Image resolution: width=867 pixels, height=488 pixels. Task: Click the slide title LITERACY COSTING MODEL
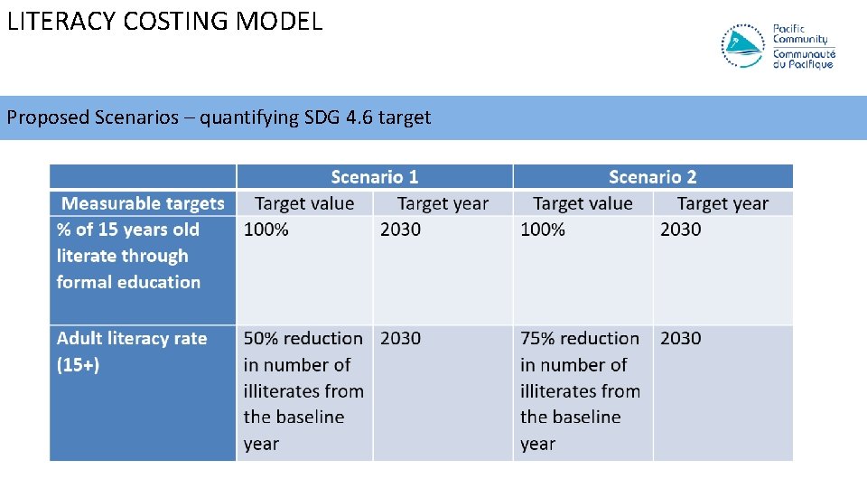pyautogui.click(x=164, y=21)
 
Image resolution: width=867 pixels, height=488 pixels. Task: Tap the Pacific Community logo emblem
pyautogui.click(x=743, y=45)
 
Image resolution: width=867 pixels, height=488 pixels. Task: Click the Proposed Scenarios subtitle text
pyautogui.click(x=219, y=117)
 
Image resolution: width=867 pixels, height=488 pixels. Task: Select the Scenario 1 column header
pyautogui.click(x=375, y=177)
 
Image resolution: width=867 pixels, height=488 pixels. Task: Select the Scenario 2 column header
pyautogui.click(x=652, y=177)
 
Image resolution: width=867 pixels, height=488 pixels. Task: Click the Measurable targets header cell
pyautogui.click(x=143, y=203)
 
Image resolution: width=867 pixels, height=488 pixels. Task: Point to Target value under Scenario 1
pyautogui.click(x=304, y=203)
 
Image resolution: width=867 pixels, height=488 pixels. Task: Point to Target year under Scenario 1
pyautogui.click(x=443, y=203)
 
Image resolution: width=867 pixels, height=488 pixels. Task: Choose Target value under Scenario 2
pyautogui.click(x=583, y=203)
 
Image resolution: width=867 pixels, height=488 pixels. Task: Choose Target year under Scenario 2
pyautogui.click(x=722, y=203)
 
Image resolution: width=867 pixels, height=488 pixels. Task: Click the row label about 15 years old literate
pyautogui.click(x=128, y=256)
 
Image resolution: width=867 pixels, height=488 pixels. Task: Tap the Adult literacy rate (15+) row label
pyautogui.click(x=132, y=351)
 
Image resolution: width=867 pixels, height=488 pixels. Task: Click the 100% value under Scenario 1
pyautogui.click(x=266, y=230)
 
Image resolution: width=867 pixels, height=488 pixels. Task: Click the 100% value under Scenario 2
pyautogui.click(x=543, y=230)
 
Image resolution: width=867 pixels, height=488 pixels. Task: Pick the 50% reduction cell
pyautogui.click(x=303, y=390)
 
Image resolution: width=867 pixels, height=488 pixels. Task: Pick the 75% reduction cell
pyautogui.click(x=580, y=390)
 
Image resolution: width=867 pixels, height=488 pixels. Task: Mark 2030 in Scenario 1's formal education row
pyautogui.click(x=400, y=230)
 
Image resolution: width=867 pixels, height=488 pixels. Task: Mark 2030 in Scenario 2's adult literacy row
pyautogui.click(x=680, y=338)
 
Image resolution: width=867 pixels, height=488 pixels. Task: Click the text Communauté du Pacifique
pyautogui.click(x=803, y=60)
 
